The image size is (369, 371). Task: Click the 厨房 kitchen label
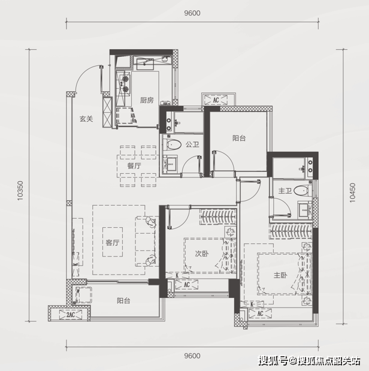[x=147, y=100]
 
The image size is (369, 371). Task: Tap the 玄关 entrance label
[x=86, y=119]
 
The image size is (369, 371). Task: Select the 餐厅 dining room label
[x=134, y=166]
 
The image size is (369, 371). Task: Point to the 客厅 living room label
[x=113, y=243]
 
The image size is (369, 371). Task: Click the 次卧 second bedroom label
[x=202, y=254]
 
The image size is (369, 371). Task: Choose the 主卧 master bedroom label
[x=280, y=275]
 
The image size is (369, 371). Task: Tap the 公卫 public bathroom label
[x=192, y=144]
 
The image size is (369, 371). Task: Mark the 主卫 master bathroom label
[x=285, y=191]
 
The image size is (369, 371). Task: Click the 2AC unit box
[x=71, y=315]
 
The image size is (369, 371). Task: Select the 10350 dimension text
[x=20, y=191]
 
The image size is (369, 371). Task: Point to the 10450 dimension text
[x=352, y=192]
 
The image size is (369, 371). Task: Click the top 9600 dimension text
[x=192, y=13]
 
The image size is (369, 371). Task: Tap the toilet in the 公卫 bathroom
[x=173, y=144]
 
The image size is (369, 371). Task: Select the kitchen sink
[x=145, y=64]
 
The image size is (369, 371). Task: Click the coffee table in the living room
[x=113, y=242]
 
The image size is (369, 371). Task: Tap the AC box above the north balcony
[x=216, y=100]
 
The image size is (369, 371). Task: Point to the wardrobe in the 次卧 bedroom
[x=218, y=216]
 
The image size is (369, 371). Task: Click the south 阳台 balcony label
[x=123, y=300]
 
